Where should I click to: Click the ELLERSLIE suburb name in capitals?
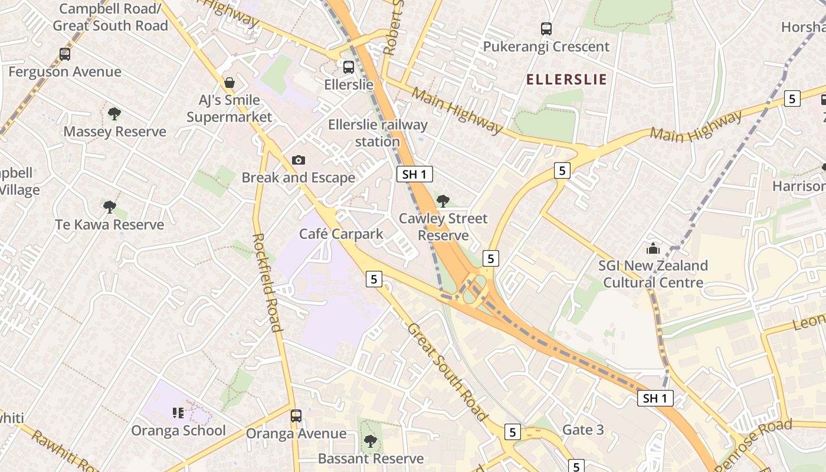(x=566, y=80)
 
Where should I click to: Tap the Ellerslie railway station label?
(x=378, y=133)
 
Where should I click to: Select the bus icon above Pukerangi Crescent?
(x=546, y=28)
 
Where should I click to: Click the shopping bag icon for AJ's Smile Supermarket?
(x=229, y=83)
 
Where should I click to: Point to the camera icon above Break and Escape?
(x=299, y=160)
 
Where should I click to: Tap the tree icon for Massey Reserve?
(x=114, y=113)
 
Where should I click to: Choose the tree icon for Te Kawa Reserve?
(x=109, y=206)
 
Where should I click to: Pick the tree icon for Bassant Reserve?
(x=370, y=441)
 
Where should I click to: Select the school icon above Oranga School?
(x=178, y=413)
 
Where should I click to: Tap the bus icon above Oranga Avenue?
(x=296, y=416)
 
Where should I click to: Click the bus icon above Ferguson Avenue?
(x=65, y=54)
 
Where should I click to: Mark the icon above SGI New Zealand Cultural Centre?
(x=653, y=248)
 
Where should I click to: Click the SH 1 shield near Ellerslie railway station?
(x=415, y=174)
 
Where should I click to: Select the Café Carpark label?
(x=341, y=234)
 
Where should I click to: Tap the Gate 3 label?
(x=583, y=430)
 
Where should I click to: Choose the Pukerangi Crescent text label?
(x=546, y=47)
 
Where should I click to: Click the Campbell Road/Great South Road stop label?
(x=110, y=17)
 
